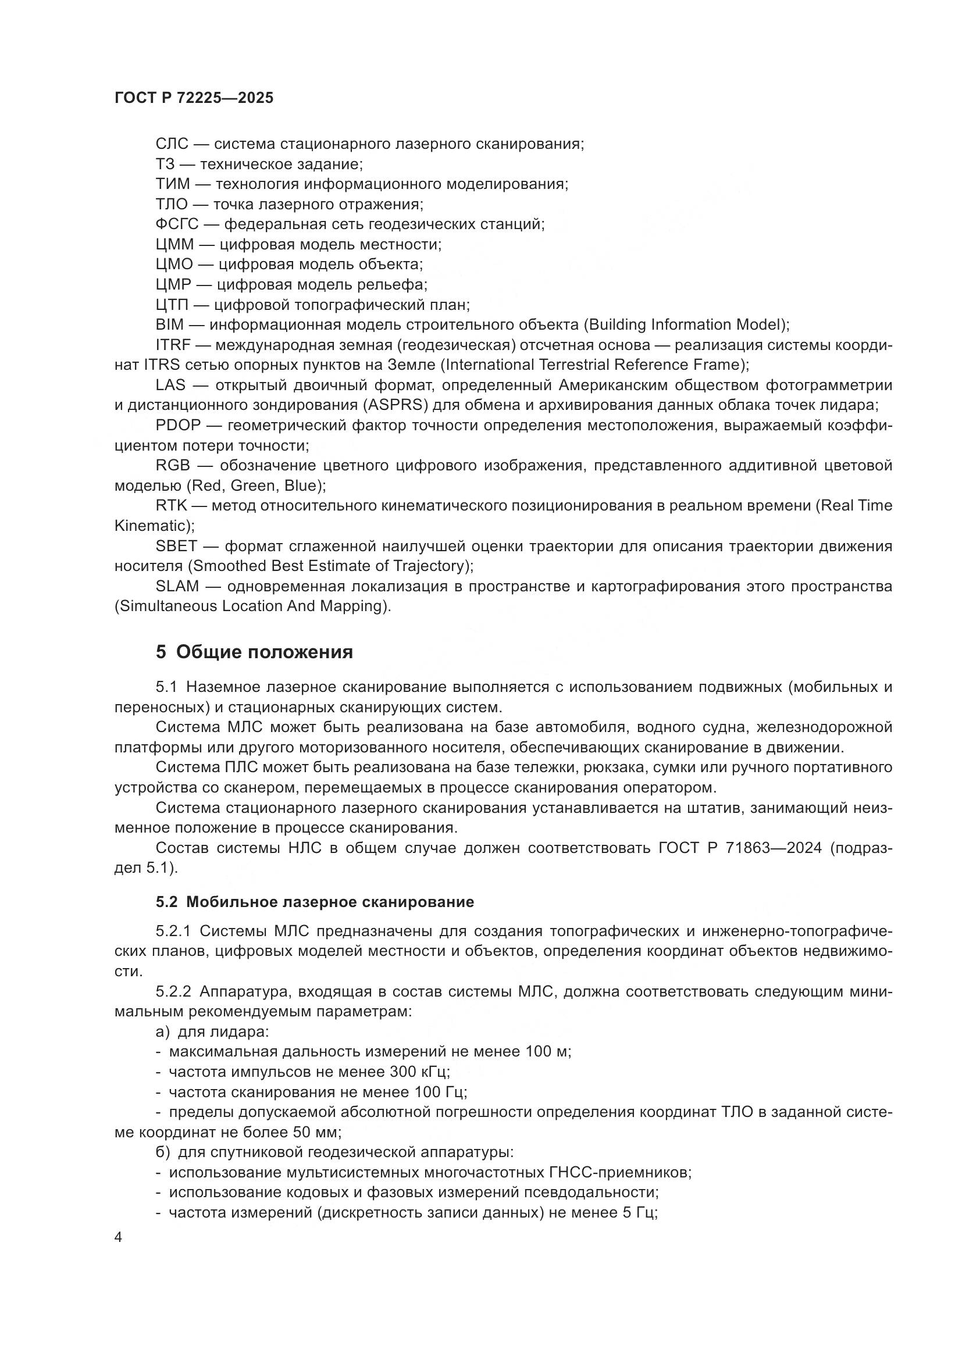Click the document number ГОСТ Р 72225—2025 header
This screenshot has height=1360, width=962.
[194, 98]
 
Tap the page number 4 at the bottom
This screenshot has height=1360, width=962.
[119, 1237]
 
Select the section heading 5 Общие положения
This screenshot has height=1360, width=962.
[254, 652]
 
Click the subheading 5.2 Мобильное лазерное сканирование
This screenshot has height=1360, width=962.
[315, 902]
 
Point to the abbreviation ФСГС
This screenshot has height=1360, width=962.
[177, 224]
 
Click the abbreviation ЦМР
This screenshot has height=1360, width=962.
[173, 284]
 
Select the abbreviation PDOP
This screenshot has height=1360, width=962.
[179, 425]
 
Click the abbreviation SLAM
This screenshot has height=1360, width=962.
[177, 586]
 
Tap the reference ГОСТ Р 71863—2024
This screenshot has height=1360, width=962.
[740, 848]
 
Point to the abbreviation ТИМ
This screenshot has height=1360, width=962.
[172, 184]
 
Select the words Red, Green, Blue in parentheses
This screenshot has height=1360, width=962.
[255, 486]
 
